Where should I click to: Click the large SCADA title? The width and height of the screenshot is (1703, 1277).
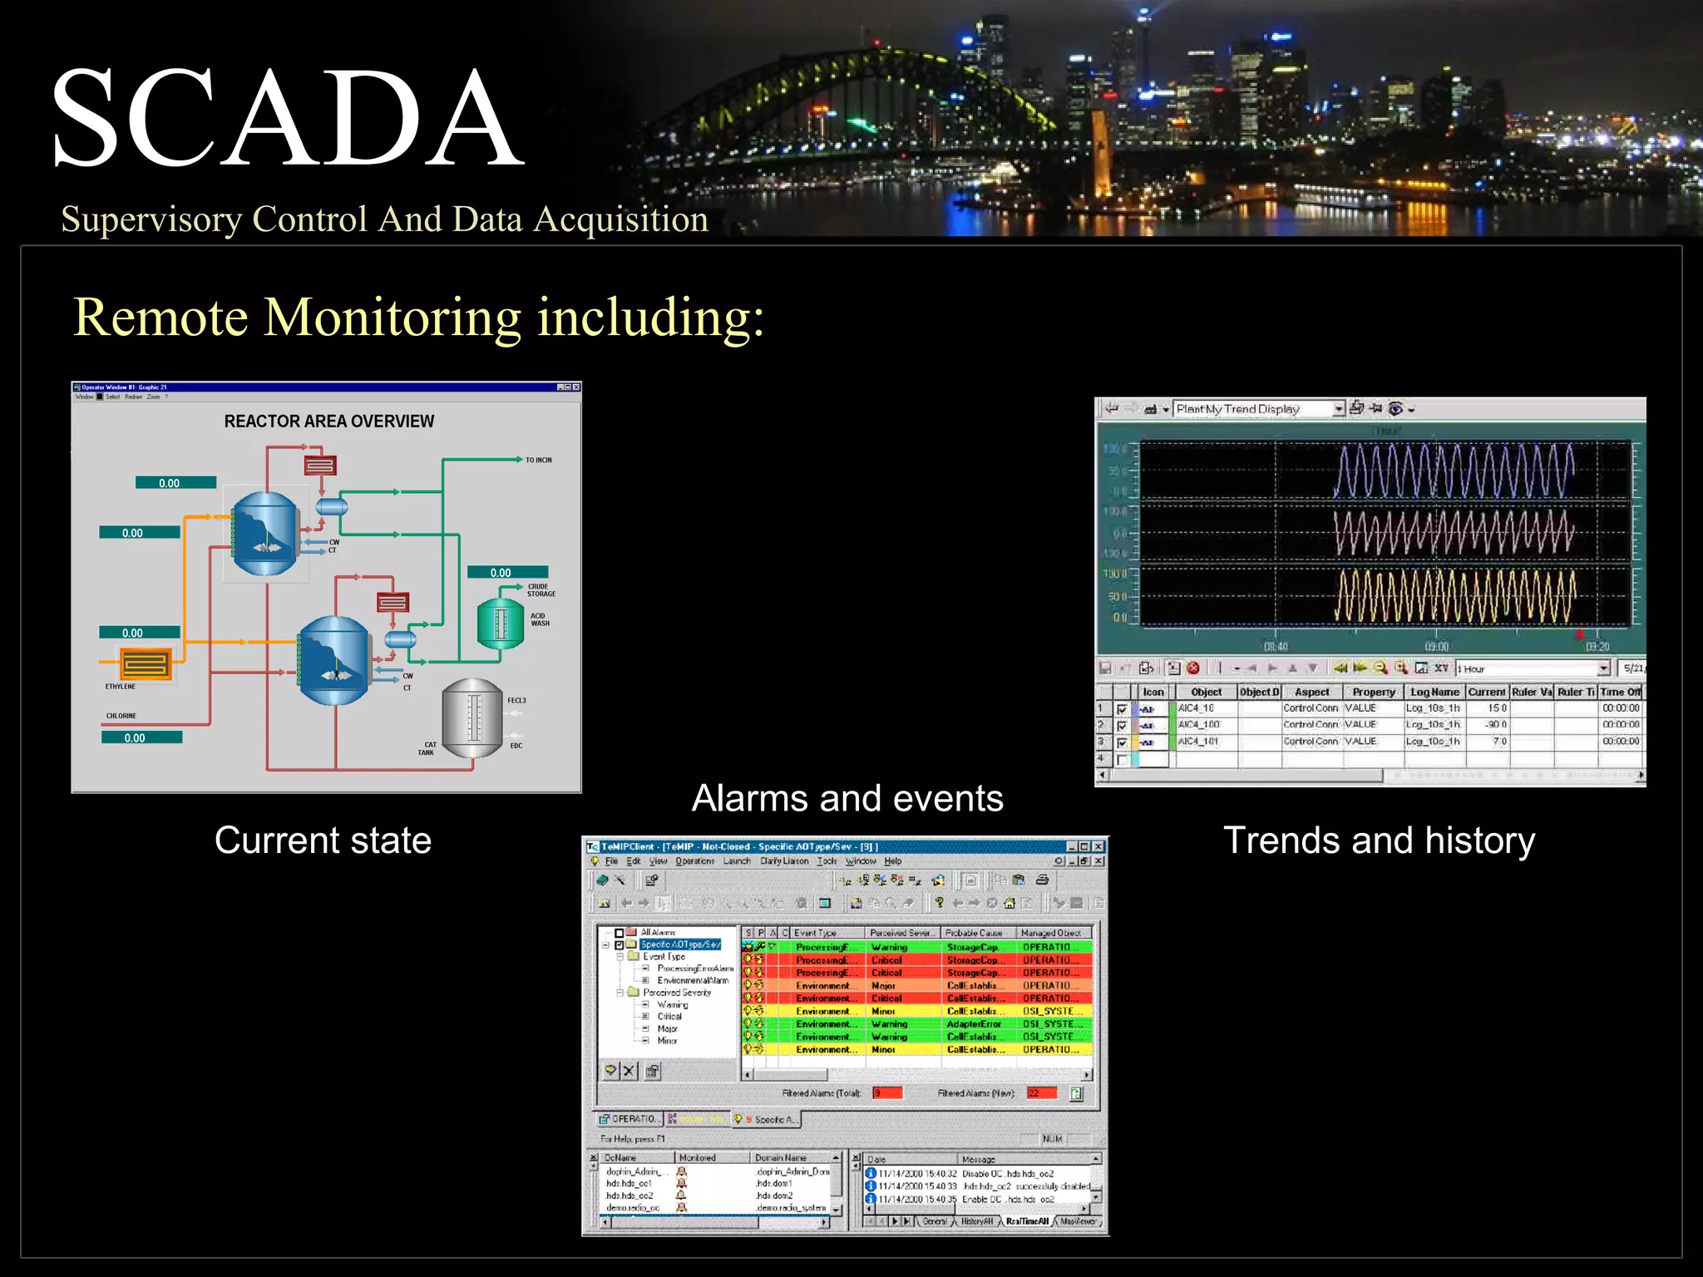click(x=287, y=118)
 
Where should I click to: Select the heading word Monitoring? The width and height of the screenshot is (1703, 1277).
click(x=392, y=318)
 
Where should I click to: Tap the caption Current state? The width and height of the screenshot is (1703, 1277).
click(x=323, y=840)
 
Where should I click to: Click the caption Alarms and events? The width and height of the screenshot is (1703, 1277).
click(x=847, y=798)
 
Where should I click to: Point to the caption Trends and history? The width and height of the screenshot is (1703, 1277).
click(x=1379, y=840)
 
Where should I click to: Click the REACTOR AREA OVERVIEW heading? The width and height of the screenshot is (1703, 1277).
click(x=328, y=422)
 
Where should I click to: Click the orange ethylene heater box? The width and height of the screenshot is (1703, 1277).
click(x=146, y=664)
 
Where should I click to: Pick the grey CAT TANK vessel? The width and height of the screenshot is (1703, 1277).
click(x=472, y=717)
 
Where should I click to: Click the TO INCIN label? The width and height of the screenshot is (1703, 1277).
click(x=538, y=460)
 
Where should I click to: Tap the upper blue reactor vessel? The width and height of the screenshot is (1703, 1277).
click(x=264, y=533)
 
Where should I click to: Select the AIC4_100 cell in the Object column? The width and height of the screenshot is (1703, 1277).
click(x=1198, y=724)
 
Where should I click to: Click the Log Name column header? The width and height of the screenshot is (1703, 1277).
click(x=1434, y=692)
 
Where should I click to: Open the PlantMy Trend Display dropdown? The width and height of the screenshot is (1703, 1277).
click(x=1338, y=409)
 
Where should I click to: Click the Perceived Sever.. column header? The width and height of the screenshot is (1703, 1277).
click(x=901, y=933)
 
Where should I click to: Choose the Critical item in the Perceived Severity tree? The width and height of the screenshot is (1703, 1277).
click(x=669, y=1016)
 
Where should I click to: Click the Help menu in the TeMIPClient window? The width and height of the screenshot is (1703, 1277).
click(x=892, y=861)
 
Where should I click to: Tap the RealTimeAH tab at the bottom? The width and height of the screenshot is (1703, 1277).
click(x=1027, y=1221)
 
